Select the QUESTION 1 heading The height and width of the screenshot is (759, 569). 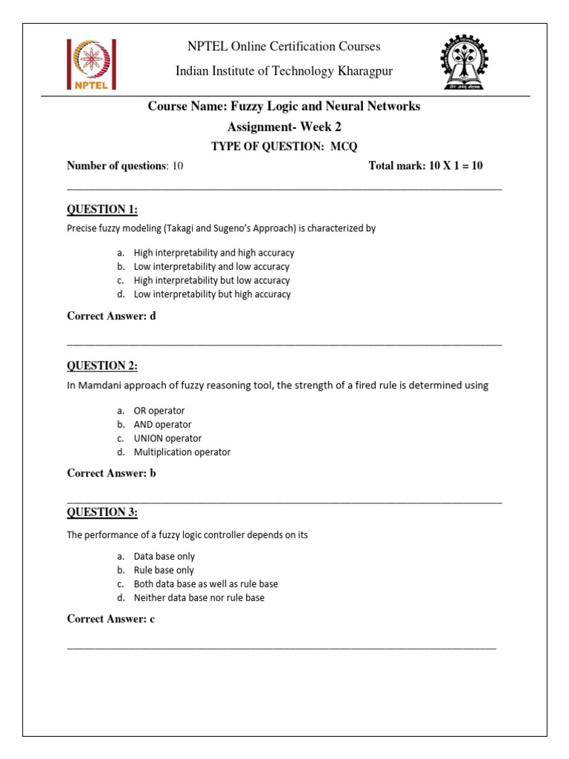102,210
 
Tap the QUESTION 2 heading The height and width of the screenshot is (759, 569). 102,365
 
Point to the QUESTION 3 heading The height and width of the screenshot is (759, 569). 102,512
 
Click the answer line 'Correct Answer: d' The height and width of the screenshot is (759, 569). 111,316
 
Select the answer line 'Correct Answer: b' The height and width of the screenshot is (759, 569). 111,473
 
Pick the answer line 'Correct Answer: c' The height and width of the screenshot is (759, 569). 110,619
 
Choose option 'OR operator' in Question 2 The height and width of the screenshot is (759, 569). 159,411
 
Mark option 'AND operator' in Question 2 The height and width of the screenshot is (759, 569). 162,425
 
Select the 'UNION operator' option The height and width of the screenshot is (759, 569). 167,438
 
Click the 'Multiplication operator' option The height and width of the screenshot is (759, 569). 182,452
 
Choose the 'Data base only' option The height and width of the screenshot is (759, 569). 164,556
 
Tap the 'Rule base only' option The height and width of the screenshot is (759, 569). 164,570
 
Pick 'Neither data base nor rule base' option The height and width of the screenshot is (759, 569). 199,597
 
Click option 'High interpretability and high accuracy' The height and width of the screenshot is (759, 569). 213,253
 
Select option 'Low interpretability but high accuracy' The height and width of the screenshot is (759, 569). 212,294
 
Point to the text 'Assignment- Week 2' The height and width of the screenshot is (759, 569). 284,127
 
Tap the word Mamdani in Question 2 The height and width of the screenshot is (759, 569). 100,385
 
